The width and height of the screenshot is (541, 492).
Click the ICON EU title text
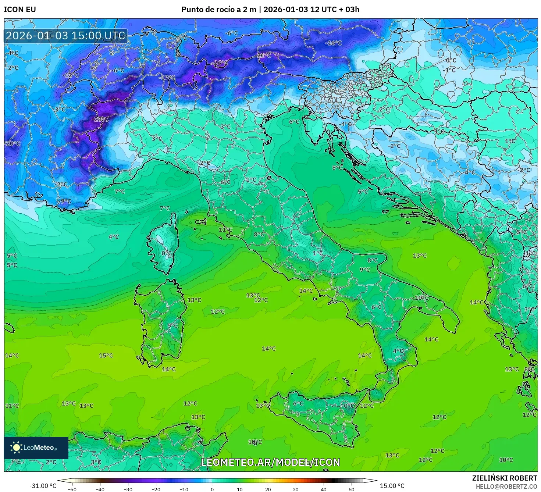20,10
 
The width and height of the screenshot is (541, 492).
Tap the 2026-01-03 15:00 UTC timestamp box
66,36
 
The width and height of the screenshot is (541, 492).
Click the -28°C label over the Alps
100,120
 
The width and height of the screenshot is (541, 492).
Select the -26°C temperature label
220,63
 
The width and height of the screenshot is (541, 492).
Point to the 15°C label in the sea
106,356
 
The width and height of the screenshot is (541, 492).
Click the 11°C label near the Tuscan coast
225,230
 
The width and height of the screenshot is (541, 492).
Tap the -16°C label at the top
333,43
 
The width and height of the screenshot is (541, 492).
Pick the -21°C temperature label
264,56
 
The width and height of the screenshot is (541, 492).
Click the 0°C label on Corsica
167,253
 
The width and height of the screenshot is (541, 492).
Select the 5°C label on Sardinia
172,325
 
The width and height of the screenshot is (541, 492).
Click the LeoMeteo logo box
36,448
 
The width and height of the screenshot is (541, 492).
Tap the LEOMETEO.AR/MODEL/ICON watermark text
270,462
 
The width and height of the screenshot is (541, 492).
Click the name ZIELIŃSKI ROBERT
505,478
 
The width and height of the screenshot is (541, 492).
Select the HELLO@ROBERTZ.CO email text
506,486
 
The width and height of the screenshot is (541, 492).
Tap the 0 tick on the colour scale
212,489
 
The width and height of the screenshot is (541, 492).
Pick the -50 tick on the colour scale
72,489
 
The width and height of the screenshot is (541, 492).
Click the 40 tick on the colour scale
324,489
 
